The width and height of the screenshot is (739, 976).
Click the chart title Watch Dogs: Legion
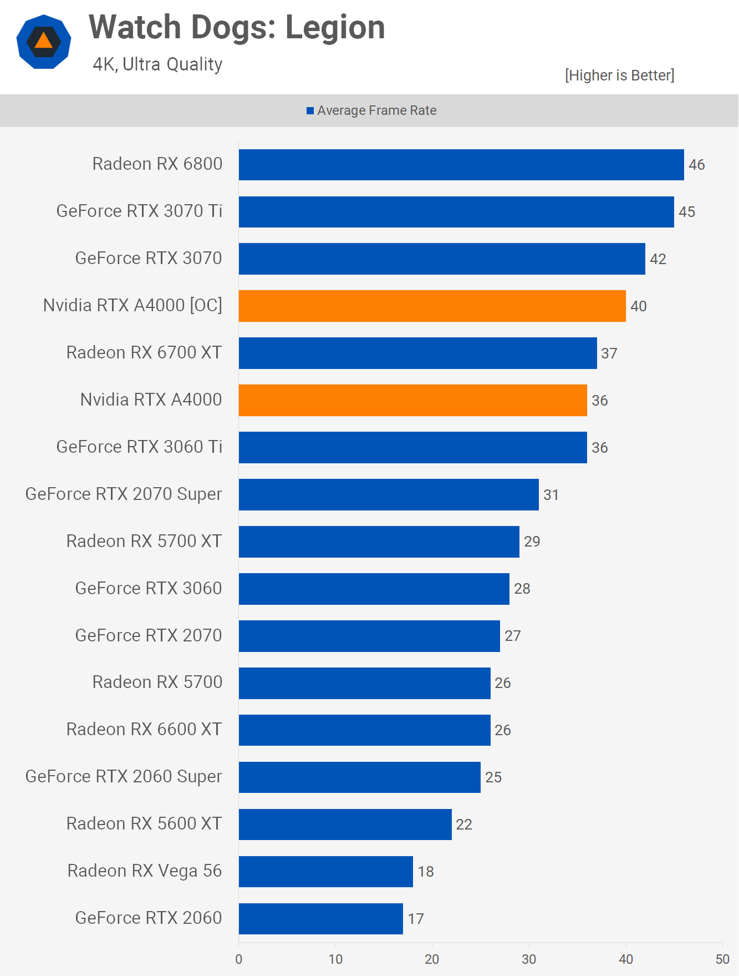237,28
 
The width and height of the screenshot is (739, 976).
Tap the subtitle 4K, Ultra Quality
157,64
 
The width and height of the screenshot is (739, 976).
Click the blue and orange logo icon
44,42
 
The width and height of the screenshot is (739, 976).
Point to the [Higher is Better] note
619,75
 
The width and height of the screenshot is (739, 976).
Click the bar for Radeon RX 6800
461,165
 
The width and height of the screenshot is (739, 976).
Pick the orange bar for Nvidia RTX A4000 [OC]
432,306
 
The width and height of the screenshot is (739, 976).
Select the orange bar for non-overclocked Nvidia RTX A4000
413,400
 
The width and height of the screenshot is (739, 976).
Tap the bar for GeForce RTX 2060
321,919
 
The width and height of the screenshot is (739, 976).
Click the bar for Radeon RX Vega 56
326,872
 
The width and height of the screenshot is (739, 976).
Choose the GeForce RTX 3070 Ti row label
139,211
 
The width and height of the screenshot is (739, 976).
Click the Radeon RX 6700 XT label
144,353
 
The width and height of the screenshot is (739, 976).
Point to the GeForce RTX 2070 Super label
124,494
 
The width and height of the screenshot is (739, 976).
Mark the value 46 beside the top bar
696,165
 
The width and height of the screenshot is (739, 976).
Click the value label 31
551,495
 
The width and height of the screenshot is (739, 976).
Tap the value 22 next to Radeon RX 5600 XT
464,825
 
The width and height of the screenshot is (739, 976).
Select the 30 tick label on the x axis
529,959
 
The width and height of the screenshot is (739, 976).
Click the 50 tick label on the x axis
722,959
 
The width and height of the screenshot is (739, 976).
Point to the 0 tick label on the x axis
239,959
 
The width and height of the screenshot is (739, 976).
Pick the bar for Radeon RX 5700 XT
379,542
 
